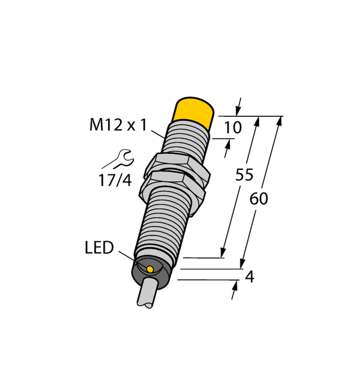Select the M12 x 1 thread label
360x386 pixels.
click(118, 125)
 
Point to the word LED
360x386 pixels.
click(99, 248)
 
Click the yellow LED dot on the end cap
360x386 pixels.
click(150, 269)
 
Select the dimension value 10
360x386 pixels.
click(233, 128)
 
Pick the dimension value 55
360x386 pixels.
click(244, 175)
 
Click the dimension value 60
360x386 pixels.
click(259, 199)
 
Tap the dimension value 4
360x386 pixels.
click(249, 278)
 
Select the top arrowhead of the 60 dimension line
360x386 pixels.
click(279, 121)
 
